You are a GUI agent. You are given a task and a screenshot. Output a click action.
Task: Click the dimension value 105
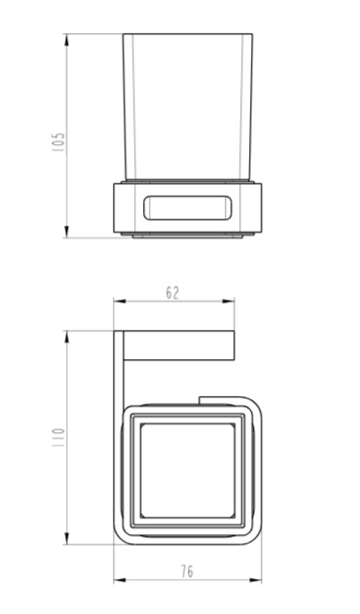tap(58, 142)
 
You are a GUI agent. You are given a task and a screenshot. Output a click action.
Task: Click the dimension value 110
tap(58, 438)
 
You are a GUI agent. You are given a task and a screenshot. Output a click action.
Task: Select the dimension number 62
tap(172, 293)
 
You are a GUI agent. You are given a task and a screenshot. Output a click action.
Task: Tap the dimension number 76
tap(187, 571)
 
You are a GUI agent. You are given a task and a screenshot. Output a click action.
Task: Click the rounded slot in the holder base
tap(188, 207)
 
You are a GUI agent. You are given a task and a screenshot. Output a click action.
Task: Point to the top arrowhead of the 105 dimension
tap(66, 40)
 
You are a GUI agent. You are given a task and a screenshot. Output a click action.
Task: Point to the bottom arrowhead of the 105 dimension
tap(66, 232)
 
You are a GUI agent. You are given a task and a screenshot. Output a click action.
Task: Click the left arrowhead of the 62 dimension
tap(120, 301)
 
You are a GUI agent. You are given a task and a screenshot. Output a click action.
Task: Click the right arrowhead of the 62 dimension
tap(228, 301)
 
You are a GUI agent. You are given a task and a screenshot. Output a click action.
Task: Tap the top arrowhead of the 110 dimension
tap(66, 337)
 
